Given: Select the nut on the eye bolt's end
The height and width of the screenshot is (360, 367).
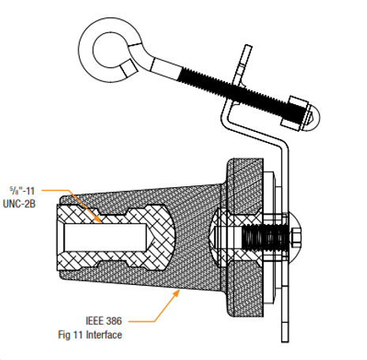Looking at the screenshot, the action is (x=294, y=113).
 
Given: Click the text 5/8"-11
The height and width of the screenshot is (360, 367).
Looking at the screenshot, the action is (x=22, y=190).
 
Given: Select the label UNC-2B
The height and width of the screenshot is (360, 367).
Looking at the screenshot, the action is (x=19, y=204).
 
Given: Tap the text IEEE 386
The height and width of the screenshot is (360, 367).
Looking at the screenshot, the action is (x=103, y=321).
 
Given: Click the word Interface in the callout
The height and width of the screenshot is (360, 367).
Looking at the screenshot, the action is (x=104, y=335).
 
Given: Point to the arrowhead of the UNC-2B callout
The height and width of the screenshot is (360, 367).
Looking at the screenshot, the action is (x=98, y=219).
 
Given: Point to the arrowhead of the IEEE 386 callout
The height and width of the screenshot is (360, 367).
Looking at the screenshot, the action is (x=177, y=293).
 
